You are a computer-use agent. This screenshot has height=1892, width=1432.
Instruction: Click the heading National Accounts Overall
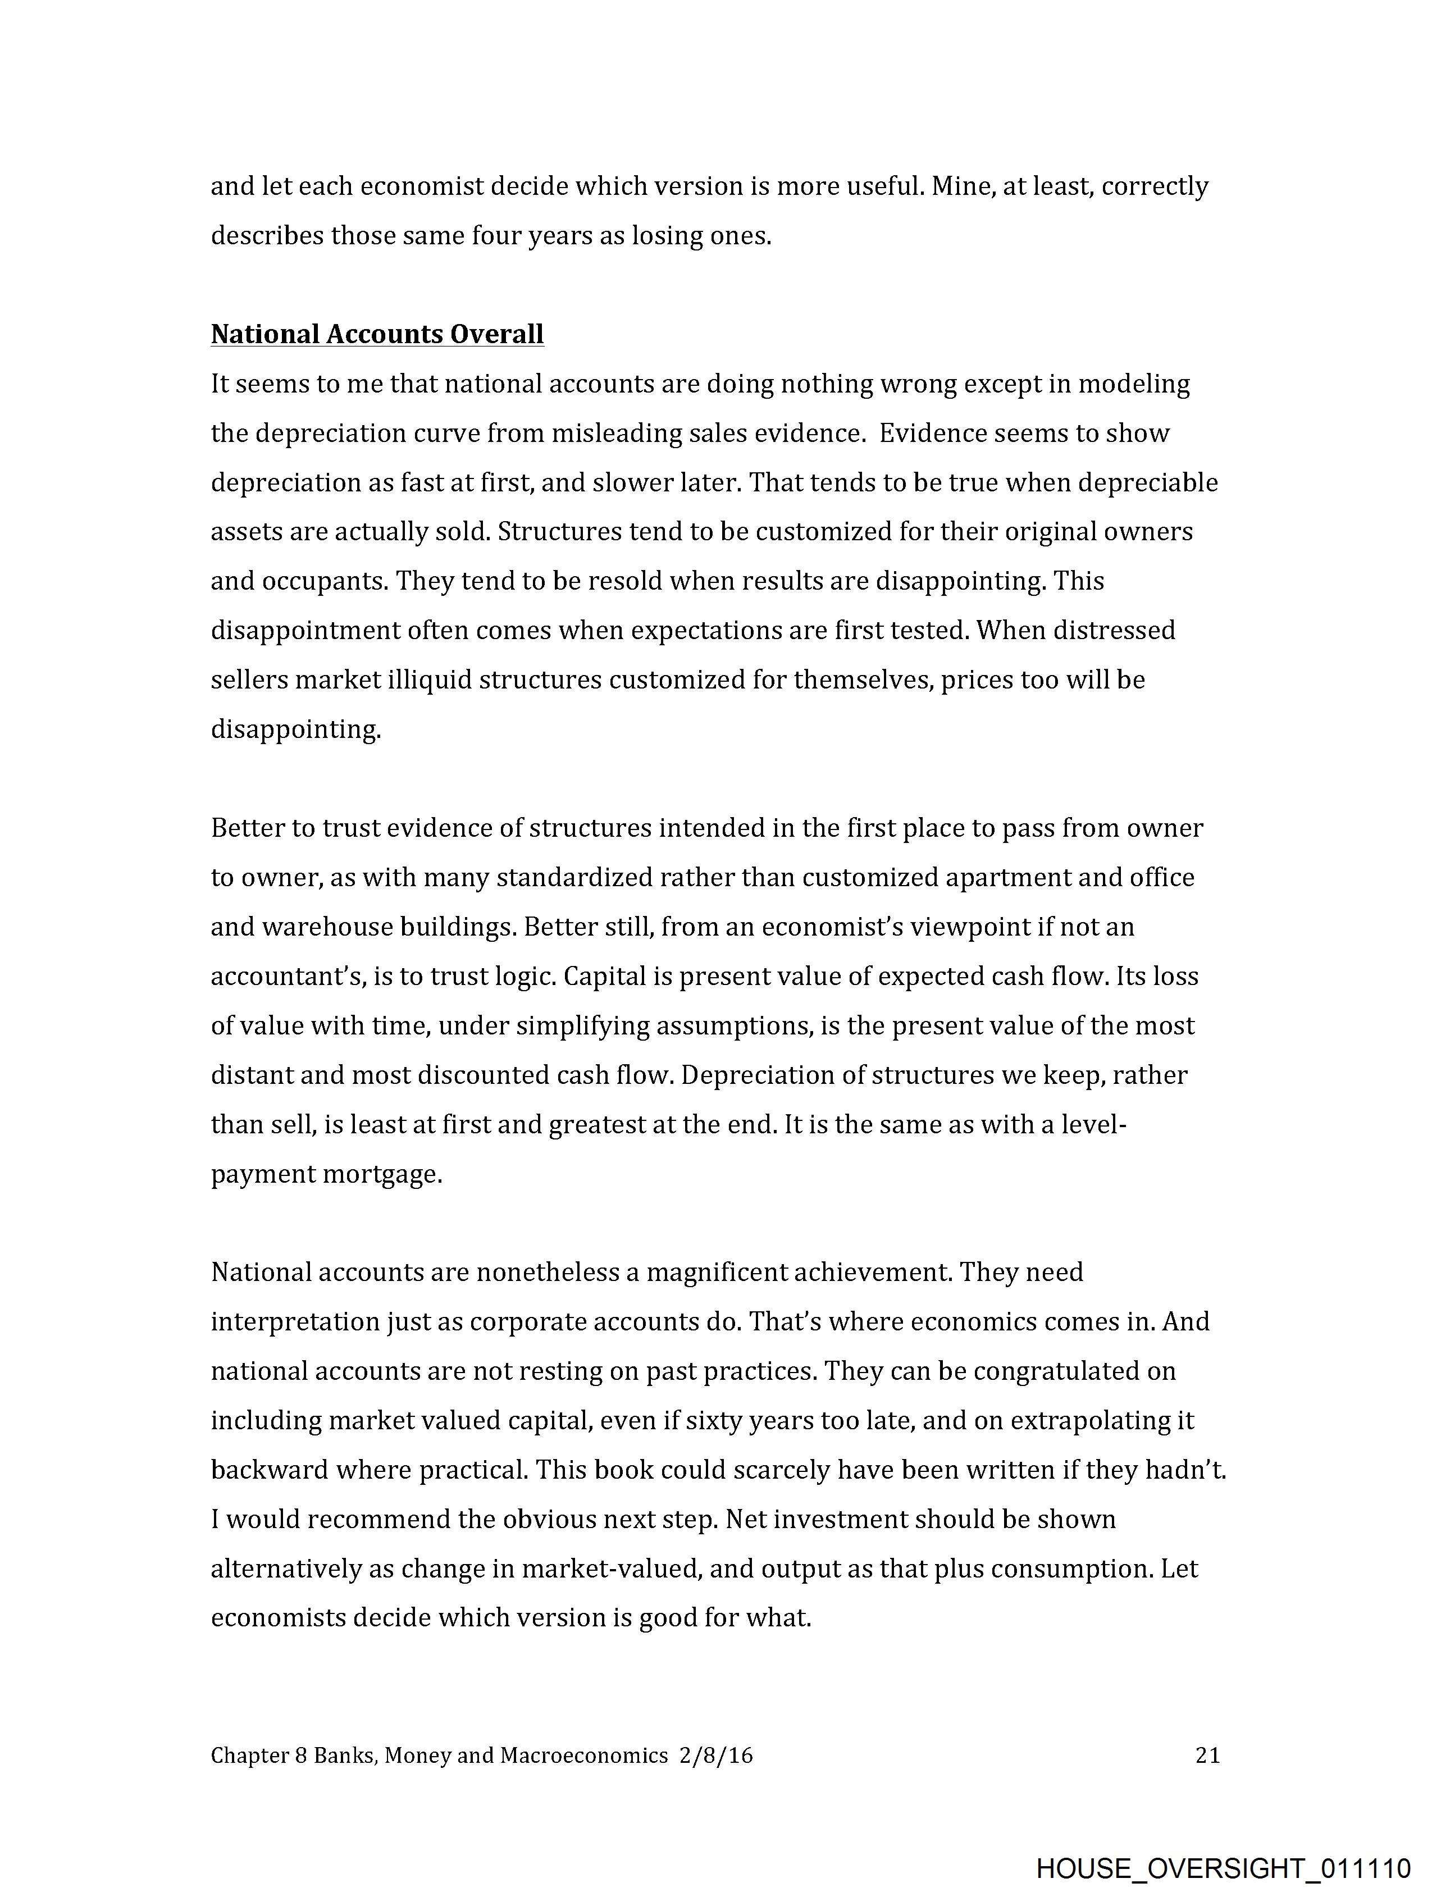pyautogui.click(x=377, y=334)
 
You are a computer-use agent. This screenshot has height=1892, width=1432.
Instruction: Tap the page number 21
pyautogui.click(x=1207, y=1755)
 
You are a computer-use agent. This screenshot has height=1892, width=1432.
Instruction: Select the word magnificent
pyautogui.click(x=716, y=1272)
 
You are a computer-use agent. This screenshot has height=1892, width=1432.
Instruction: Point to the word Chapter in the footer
pyautogui.click(x=249, y=1755)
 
